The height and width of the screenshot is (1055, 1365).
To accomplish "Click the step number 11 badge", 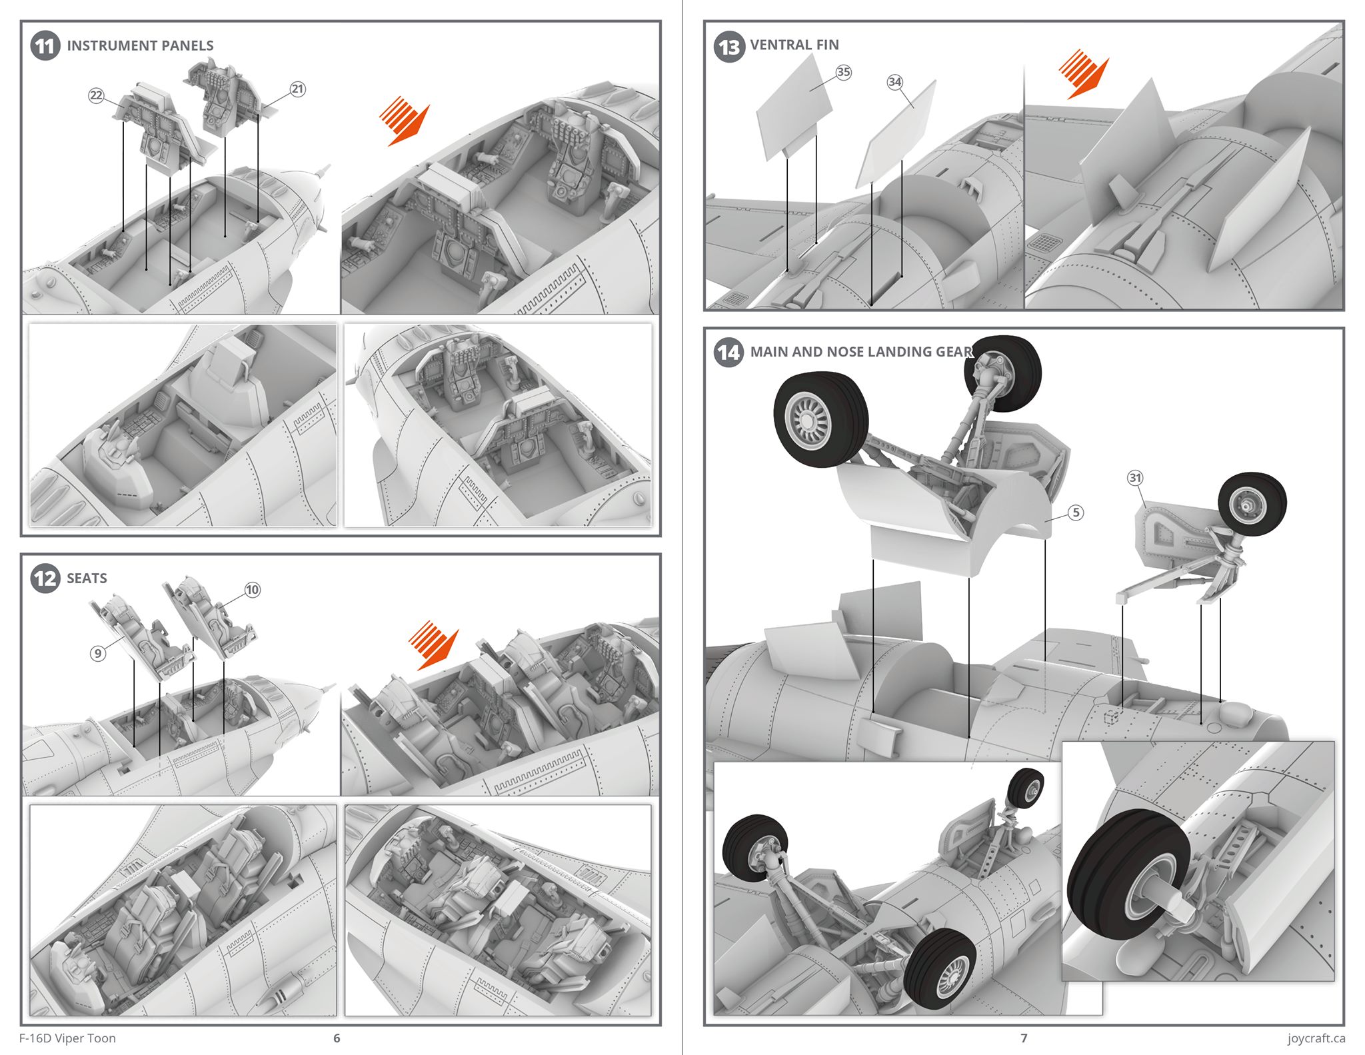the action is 45,46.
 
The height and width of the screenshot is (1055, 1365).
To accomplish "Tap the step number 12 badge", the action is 45,578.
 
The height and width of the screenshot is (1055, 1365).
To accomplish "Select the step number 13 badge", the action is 728,47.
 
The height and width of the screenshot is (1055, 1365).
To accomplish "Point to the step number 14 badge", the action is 728,352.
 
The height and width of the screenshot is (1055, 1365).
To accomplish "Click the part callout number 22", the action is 97,95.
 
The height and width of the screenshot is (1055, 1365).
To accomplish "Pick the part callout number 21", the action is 297,89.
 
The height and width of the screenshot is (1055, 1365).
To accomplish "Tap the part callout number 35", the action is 843,72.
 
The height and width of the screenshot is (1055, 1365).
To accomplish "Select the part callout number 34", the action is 894,82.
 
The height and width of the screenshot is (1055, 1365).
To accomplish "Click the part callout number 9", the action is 98,653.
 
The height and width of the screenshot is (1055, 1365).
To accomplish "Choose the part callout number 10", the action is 252,590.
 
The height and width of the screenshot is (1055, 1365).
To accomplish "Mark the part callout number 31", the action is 1135,478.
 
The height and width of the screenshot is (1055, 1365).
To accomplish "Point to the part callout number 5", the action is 1076,513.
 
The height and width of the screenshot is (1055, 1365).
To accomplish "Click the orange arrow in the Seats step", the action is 434,645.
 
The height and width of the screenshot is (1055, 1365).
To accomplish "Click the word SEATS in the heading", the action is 87,578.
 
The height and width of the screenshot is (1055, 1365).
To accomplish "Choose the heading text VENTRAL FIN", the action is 794,45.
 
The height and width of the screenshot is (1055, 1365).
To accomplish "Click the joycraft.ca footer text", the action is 1316,1038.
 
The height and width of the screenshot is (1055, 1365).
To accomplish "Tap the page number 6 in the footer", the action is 337,1038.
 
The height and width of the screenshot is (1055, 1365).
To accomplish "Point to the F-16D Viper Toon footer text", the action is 67,1038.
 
